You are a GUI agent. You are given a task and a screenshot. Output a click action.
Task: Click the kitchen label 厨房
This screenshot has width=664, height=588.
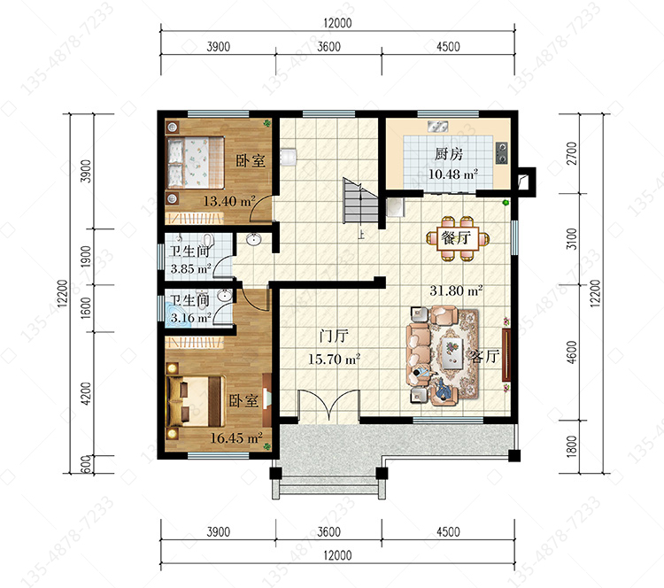click(x=449, y=154)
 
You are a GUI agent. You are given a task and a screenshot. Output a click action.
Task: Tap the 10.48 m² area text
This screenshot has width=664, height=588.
click(x=453, y=174)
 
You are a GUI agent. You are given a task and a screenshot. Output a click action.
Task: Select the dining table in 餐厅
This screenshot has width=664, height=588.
click(x=458, y=238)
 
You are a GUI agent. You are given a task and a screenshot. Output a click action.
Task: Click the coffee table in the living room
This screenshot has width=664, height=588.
click(x=452, y=352)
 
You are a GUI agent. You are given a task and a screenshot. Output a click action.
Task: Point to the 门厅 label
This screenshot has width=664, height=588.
click(x=334, y=336)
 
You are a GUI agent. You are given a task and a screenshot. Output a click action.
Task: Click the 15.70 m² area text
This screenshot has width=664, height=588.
click(x=334, y=360)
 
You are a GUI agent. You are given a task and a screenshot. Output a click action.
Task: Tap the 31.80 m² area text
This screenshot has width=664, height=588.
click(x=456, y=290)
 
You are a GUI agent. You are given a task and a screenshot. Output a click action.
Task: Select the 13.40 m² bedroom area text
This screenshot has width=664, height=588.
click(x=229, y=201)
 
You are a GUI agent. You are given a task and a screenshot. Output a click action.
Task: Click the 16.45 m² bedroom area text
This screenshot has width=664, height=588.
click(x=236, y=437)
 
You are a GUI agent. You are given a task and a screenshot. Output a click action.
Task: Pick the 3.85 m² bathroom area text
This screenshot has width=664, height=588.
click(x=190, y=268)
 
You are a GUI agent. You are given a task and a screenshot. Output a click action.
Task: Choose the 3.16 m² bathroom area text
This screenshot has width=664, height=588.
click(x=190, y=318)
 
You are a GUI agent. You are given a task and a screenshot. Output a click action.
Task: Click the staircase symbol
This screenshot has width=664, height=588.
click(x=360, y=201)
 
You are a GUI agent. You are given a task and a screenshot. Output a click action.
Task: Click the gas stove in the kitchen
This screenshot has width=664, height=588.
click(x=502, y=153)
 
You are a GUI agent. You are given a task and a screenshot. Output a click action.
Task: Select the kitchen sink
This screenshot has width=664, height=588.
click(x=438, y=126)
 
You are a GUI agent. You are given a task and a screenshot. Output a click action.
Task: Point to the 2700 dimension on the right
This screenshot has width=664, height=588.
click(x=572, y=153)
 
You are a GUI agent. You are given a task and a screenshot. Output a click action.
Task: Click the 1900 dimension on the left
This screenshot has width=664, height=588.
click(x=86, y=256)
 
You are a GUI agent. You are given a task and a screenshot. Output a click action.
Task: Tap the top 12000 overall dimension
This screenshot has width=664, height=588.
click(x=337, y=23)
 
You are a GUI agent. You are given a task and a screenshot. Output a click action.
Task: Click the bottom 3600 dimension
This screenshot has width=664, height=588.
click(x=329, y=531)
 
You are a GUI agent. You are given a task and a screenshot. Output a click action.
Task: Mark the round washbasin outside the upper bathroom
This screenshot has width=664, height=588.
click(x=254, y=239)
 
